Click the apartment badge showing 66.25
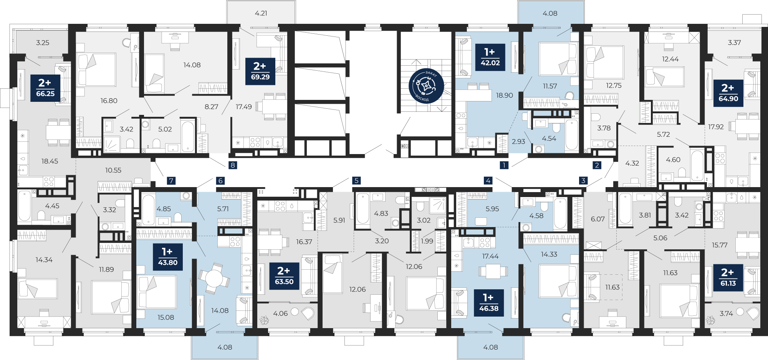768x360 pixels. (x=45, y=88)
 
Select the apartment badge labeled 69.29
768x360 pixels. (x=260, y=71)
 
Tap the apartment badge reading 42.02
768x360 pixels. (x=490, y=57)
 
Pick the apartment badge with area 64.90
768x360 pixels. (x=728, y=93)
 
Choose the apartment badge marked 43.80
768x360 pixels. (x=168, y=257)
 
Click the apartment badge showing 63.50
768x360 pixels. (x=284, y=276)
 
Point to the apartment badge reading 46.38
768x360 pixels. (x=489, y=303)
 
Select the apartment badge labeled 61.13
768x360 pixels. (x=728, y=277)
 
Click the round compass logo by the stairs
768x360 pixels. (x=426, y=86)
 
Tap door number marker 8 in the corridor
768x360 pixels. (x=232, y=165)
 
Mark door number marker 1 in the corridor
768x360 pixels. (x=504, y=165)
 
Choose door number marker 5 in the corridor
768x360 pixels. (x=356, y=180)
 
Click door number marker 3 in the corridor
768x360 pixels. (x=583, y=180)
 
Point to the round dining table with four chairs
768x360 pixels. (x=214, y=278)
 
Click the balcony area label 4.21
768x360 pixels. (x=261, y=13)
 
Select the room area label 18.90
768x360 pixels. (x=504, y=95)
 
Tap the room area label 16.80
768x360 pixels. (x=109, y=101)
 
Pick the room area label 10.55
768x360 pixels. (x=113, y=170)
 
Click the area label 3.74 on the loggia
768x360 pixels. (x=726, y=314)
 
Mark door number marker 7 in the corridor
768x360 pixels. (x=171, y=181)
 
